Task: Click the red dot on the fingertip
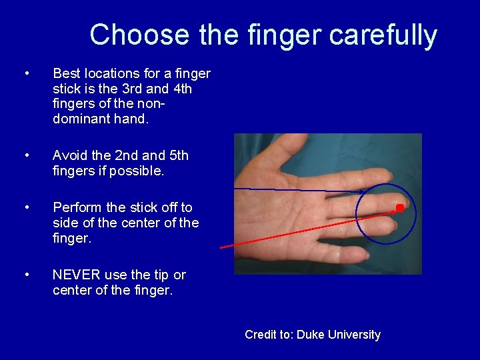(x=400, y=208)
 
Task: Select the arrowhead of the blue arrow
(x=364, y=192)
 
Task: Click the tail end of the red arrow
(x=221, y=248)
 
